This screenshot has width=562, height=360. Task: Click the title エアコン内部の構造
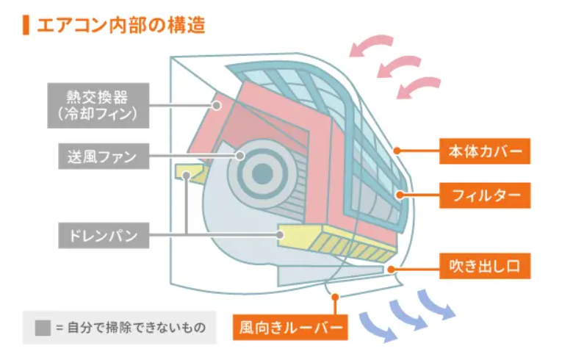click(120, 25)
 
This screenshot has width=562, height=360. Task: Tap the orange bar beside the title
click(26, 25)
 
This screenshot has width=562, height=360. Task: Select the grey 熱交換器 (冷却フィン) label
click(98, 105)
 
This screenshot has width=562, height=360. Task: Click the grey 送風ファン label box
click(104, 156)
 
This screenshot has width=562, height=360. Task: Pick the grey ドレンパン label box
click(104, 236)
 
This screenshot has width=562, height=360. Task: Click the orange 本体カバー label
click(485, 151)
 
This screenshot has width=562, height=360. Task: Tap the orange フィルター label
click(485, 195)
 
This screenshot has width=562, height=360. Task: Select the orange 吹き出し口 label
click(485, 266)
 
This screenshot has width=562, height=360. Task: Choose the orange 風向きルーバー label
click(290, 327)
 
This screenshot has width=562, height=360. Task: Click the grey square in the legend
click(43, 328)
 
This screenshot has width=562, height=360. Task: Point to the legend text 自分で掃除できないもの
click(137, 328)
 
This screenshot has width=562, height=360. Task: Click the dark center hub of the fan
click(263, 173)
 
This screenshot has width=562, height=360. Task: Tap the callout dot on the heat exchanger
click(217, 105)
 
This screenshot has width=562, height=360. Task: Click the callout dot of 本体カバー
click(397, 151)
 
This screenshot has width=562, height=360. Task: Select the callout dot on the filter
click(400, 195)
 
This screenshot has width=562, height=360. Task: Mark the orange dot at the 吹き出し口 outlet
click(391, 269)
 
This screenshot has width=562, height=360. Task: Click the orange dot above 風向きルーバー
click(335, 297)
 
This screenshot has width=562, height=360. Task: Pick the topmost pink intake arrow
click(370, 44)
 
